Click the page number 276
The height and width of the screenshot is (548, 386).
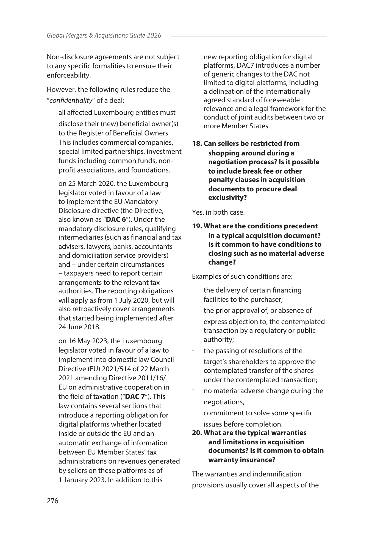pos(52,501)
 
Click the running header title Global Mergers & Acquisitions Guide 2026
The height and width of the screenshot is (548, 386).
pos(104,36)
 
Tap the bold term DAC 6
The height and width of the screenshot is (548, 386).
pos(116,220)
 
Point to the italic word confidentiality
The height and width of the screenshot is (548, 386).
pos(71,101)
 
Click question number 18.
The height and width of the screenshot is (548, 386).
pos(197,144)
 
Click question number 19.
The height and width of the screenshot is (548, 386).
pos(197,226)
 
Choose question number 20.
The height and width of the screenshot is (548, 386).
pos(197,433)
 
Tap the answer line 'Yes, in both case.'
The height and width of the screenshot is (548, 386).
pos(218,212)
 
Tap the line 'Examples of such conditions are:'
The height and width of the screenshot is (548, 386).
pos(242,276)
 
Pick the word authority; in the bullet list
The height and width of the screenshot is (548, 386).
pos(219,340)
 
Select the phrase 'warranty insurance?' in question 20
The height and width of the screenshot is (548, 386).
pos(242,460)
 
